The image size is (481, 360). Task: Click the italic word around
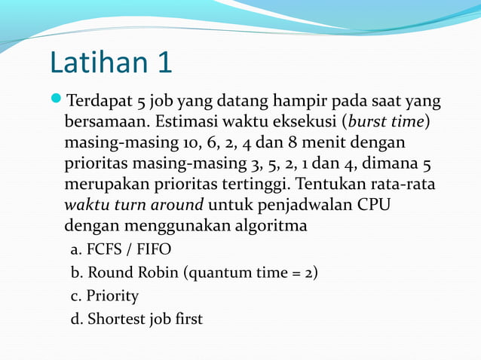176,204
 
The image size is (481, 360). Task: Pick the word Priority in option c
112,295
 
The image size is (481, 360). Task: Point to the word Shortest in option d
115,319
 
